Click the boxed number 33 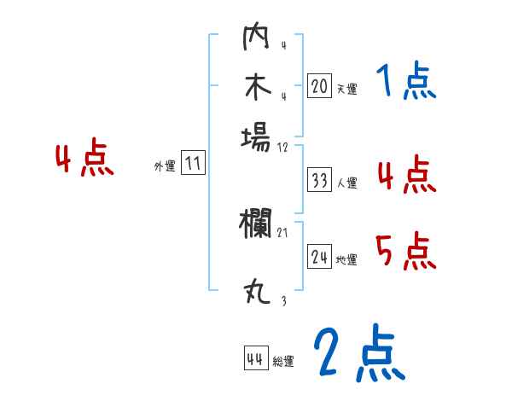point(320,180)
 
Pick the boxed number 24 point(320,257)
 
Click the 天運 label point(346,89)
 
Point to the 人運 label point(346,183)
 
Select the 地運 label point(346,259)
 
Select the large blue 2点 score point(358,354)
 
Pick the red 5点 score point(405,253)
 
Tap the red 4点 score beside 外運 point(84,160)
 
